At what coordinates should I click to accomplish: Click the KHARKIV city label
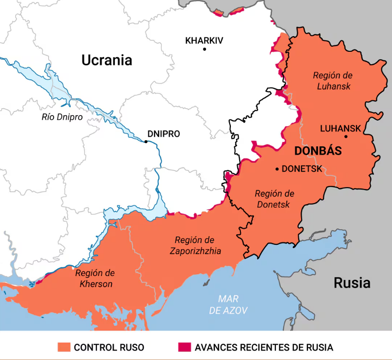coord(204,41)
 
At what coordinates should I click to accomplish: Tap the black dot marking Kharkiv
coord(205,49)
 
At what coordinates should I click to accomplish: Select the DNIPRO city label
coord(163,134)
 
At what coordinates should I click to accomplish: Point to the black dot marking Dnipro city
coord(146,142)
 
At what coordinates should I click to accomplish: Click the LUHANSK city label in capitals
coord(340,128)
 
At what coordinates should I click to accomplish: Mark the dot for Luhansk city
coord(346,136)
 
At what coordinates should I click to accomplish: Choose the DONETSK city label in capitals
coord(302,169)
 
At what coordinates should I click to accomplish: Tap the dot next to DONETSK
coord(277,169)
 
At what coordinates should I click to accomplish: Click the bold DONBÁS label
coord(318,151)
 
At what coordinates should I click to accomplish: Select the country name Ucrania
coord(106,60)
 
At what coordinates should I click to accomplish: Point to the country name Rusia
coord(352,282)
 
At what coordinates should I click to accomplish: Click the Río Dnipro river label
coord(62,117)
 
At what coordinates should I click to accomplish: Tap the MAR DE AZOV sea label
coord(228,305)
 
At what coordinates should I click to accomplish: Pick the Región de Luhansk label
coord(333,81)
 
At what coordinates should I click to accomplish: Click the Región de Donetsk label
coord(274,199)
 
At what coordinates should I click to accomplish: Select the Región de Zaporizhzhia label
coord(195,245)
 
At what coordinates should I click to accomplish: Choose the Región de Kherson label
coord(95,278)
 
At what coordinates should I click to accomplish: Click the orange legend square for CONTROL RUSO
coord(64,347)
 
